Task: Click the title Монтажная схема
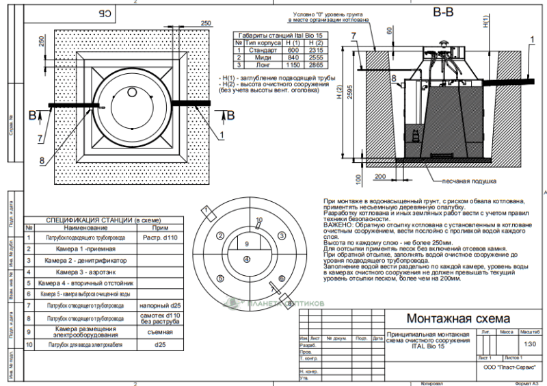pos(449,319)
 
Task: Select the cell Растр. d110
pos(161,237)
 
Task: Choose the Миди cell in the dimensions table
pos(263,57)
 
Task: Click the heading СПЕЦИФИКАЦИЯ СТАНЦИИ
pos(89,220)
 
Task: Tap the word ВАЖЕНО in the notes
pos(338,224)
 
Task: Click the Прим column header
pos(161,227)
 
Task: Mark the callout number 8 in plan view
pos(42,161)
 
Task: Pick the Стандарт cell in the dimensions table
pos(263,50)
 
